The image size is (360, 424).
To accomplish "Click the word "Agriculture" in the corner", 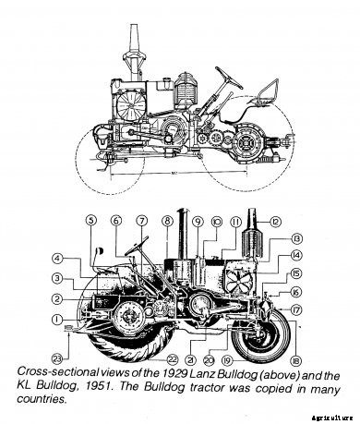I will point(335,418).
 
